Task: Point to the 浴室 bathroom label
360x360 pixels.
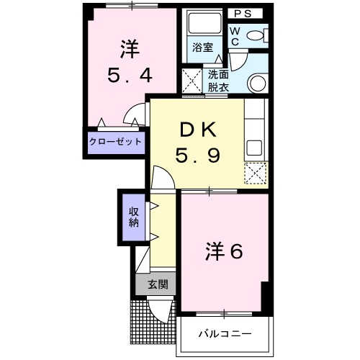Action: pyautogui.click(x=202, y=48)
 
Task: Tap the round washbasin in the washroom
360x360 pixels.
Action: pyautogui.click(x=257, y=84)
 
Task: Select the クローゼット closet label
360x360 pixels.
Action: pyautogui.click(x=115, y=141)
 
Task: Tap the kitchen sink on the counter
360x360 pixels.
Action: pyautogui.click(x=255, y=147)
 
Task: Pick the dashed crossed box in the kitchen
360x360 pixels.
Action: pyautogui.click(x=254, y=173)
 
